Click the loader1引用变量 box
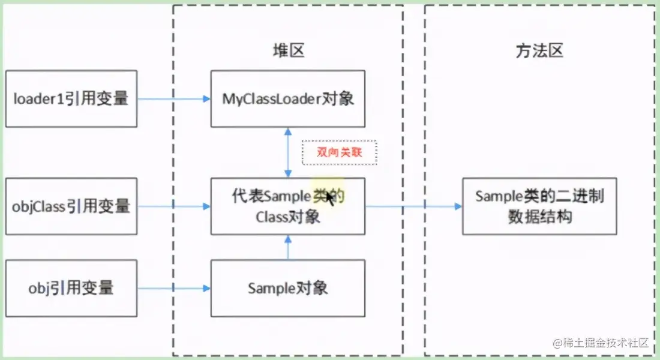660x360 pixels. click(71, 98)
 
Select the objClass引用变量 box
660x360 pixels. click(71, 206)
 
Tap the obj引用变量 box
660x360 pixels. click(71, 288)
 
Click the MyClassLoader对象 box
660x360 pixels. click(287, 98)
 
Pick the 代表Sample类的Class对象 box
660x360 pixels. click(287, 206)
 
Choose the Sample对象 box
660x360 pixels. click(287, 288)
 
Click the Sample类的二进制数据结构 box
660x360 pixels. click(539, 206)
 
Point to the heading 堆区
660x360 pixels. click(289, 51)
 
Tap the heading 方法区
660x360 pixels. click(539, 51)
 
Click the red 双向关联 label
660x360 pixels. click(339, 152)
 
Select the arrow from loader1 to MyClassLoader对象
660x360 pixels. click(174, 98)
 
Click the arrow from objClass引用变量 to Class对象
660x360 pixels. click(174, 206)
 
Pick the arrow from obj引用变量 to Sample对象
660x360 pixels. click(174, 288)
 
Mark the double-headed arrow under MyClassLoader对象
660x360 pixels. click(289, 152)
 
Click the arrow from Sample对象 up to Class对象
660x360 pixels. click(289, 247)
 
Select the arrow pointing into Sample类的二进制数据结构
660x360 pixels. click(414, 206)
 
